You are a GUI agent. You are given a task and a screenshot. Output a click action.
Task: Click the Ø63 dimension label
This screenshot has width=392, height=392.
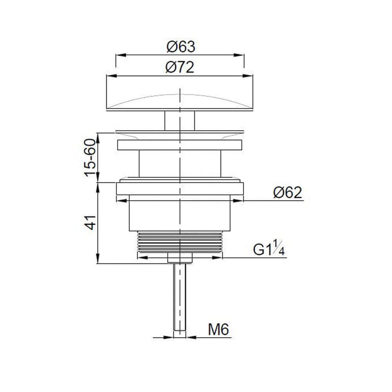coord(181,47)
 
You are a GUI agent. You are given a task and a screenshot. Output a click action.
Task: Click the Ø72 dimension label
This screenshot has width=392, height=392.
coord(180,68)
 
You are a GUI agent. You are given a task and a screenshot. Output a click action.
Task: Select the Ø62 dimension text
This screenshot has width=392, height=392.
coord(287,193)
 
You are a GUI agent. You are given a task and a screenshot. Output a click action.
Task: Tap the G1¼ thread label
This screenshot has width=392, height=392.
coord(269,248)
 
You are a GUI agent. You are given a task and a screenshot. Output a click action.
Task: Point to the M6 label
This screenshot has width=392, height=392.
coord(219,330)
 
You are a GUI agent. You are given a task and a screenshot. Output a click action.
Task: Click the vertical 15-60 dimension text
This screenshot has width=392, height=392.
coord(90,158)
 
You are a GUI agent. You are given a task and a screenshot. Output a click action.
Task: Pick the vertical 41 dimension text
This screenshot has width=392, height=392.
coord(90,222)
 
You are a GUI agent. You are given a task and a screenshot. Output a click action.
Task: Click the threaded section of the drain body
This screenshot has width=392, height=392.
coord(180,242)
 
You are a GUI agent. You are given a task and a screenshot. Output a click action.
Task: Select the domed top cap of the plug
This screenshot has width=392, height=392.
coord(180,102)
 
